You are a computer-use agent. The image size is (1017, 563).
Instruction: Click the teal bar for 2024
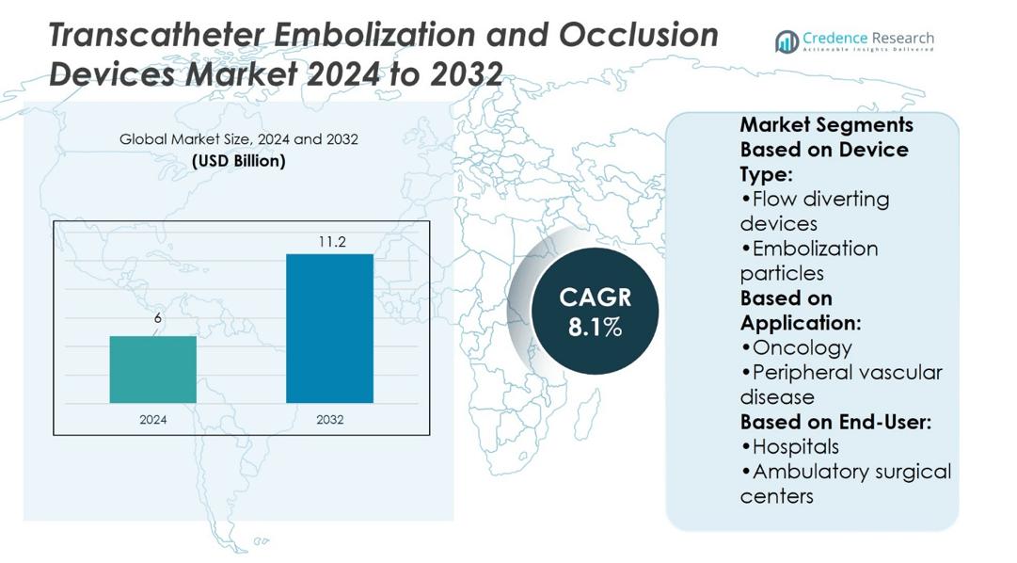click(152, 369)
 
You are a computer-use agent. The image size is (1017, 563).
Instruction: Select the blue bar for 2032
click(329, 329)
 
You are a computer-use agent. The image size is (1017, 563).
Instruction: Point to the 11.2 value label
click(331, 242)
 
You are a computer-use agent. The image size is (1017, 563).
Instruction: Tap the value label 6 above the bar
click(157, 318)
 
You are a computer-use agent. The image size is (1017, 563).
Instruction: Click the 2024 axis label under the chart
click(152, 419)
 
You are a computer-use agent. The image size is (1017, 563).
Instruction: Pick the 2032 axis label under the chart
click(329, 419)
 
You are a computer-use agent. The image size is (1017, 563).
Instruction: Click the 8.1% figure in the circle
click(595, 328)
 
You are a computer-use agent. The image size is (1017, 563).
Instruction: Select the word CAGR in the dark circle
click(595, 298)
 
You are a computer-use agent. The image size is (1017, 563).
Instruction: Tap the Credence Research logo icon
click(787, 40)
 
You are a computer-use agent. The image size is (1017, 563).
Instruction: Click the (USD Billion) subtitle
click(238, 161)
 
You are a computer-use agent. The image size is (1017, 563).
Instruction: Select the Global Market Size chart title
click(238, 139)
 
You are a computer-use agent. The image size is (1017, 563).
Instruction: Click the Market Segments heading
click(826, 124)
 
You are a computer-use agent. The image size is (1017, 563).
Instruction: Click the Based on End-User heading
click(835, 422)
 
